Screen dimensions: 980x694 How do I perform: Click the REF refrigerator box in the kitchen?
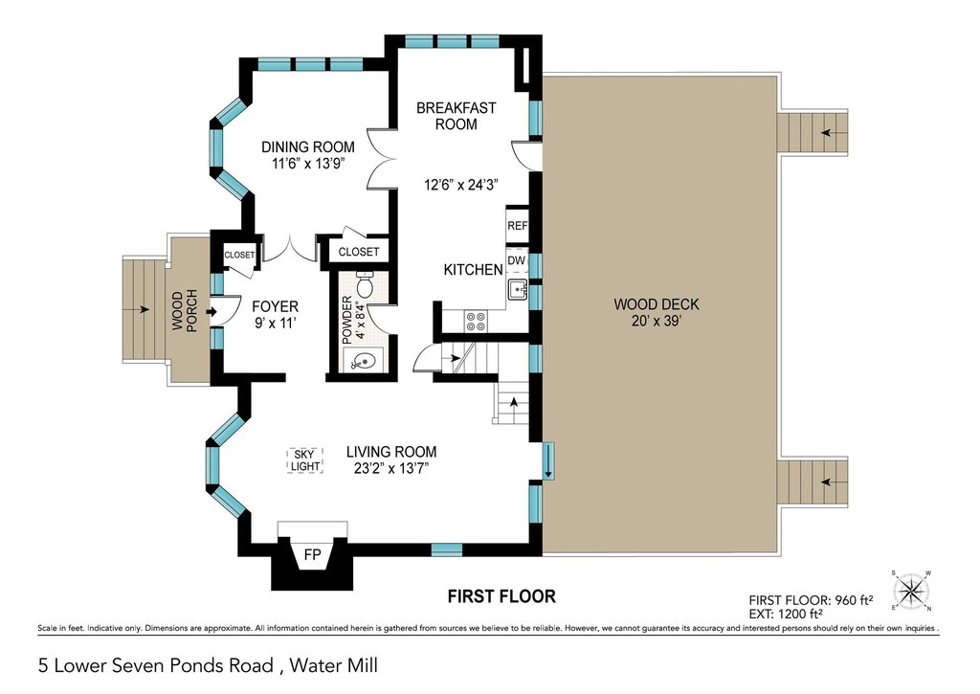(x=517, y=225)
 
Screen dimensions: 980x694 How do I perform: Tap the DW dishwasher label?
(x=516, y=260)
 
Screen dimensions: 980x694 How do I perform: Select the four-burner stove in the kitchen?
(x=475, y=322)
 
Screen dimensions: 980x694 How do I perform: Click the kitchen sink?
(x=517, y=290)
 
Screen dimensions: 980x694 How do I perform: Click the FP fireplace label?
(x=312, y=555)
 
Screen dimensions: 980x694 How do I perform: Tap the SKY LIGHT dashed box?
(x=305, y=460)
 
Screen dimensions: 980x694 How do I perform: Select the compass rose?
(x=911, y=591)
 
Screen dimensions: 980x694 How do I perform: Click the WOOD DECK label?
(x=657, y=304)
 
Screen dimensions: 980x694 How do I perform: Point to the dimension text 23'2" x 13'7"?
(x=391, y=468)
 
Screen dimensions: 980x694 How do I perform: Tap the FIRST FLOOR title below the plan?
(x=501, y=596)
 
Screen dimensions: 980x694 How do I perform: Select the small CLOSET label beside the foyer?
(x=239, y=255)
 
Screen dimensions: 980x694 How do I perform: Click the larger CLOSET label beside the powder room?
(x=359, y=252)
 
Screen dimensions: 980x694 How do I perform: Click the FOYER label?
(x=275, y=306)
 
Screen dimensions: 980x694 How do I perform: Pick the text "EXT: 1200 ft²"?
(x=786, y=614)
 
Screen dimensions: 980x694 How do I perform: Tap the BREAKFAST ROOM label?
(x=457, y=116)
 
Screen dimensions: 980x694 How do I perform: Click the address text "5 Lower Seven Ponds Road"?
(x=156, y=665)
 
